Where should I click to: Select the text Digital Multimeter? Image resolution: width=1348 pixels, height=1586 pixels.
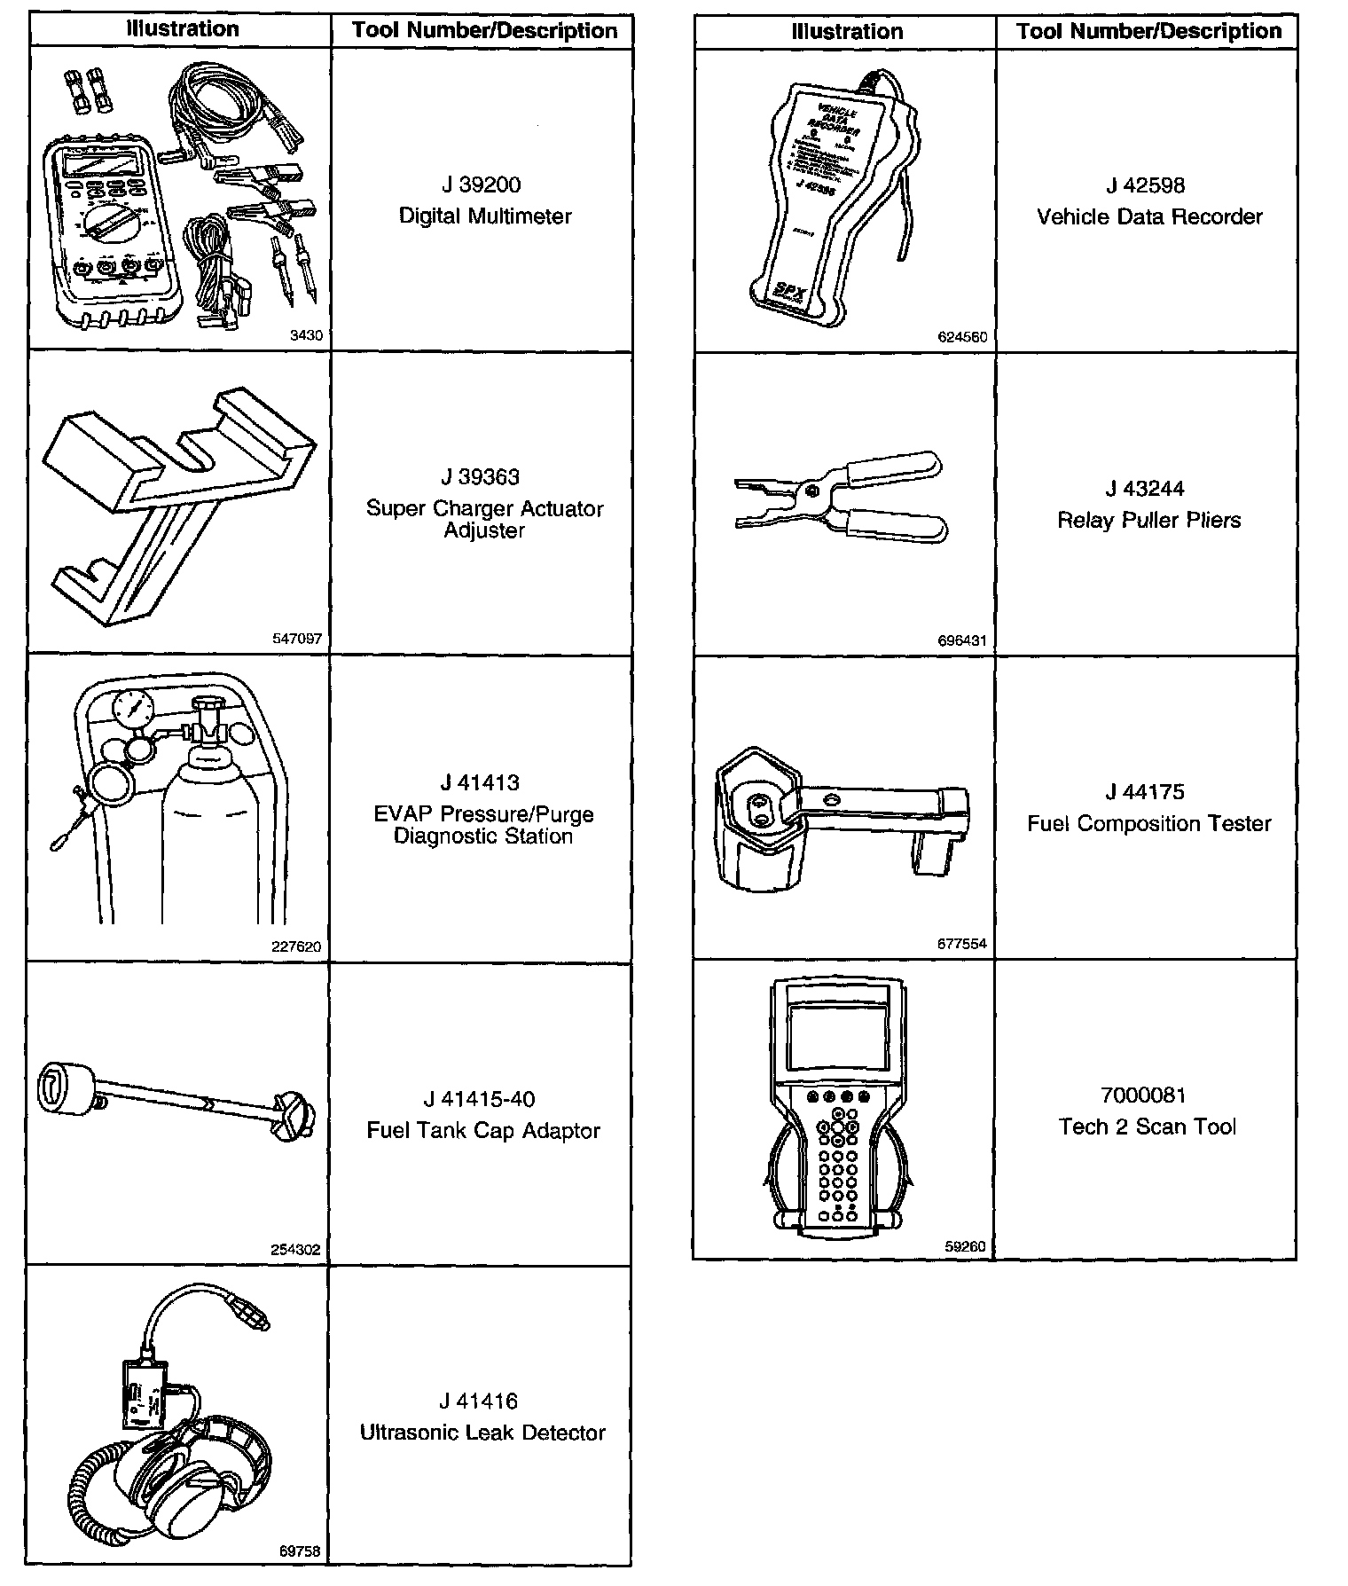point(484,216)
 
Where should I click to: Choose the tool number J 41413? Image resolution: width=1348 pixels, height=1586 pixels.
point(480,783)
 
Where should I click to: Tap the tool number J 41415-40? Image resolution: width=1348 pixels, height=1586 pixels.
point(479,1100)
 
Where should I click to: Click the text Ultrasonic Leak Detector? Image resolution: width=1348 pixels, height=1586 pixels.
point(482,1433)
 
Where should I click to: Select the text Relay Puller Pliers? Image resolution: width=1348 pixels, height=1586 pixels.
point(1148,520)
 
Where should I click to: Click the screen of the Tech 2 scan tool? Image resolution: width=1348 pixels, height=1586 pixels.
point(838,1035)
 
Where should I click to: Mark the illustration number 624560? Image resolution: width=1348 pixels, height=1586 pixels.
point(962,337)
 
